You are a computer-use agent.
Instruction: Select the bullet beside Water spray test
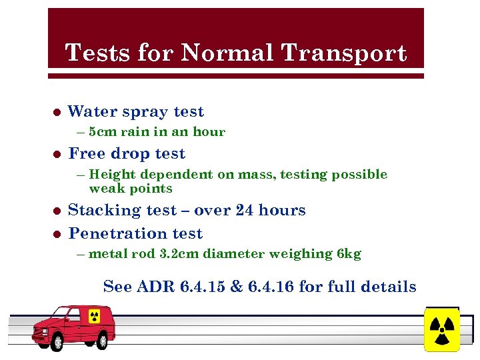(x=57, y=112)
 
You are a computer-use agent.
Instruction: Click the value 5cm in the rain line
(x=102, y=132)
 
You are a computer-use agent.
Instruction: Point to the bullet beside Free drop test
(x=57, y=154)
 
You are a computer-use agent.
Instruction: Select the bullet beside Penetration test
(x=57, y=234)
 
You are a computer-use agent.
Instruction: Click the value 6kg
(x=349, y=254)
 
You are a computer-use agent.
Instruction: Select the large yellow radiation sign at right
(x=441, y=329)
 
